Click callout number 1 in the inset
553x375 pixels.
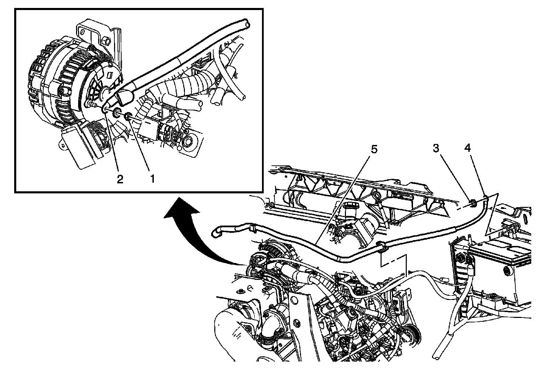click(151, 179)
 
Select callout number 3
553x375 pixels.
click(436, 148)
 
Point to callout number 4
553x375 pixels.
click(467, 148)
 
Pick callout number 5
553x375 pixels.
click(374, 149)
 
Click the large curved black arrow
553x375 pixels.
click(194, 235)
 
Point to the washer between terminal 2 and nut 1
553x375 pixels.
click(117, 113)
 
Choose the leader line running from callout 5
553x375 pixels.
click(346, 197)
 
